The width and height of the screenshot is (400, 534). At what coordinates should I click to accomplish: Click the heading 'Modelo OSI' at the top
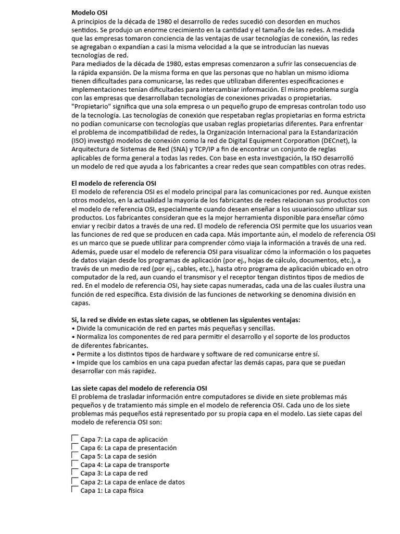click(89, 13)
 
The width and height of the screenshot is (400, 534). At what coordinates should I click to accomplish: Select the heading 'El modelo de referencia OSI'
click(114, 183)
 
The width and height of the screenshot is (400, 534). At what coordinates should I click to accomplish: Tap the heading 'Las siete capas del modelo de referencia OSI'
click(139, 388)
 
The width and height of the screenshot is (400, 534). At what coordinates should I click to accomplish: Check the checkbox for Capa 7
click(74, 439)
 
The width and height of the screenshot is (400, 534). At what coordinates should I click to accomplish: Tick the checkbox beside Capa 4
click(74, 464)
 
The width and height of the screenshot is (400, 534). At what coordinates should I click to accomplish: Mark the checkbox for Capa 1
click(74, 490)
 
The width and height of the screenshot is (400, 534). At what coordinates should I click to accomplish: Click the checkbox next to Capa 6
click(74, 447)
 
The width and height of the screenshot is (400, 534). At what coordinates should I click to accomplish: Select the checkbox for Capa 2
click(74, 481)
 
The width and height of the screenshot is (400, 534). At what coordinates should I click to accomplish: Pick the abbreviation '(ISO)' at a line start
click(80, 141)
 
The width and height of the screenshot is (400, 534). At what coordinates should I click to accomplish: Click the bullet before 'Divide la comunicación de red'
click(72, 328)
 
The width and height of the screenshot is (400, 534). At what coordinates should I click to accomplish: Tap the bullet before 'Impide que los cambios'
click(72, 362)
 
